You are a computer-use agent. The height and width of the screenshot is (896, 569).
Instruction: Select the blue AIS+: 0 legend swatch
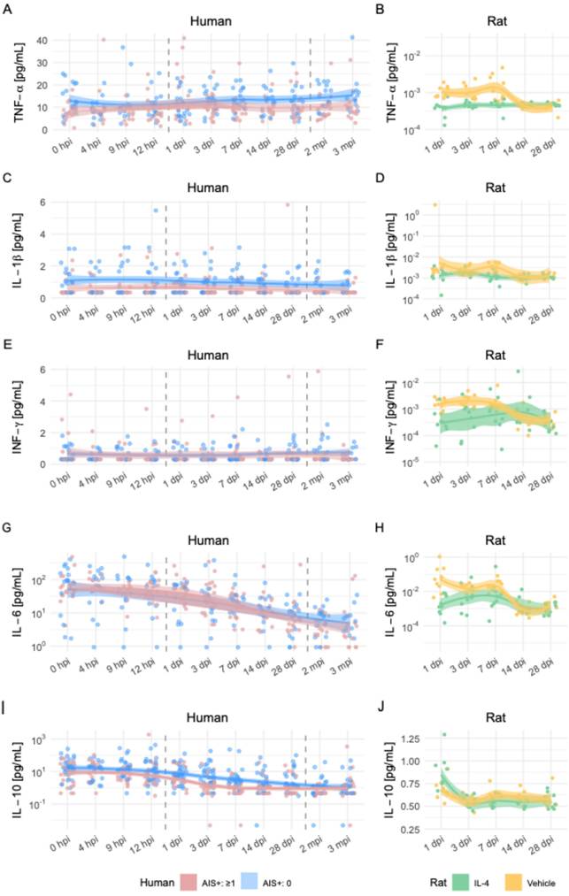pos(252,881)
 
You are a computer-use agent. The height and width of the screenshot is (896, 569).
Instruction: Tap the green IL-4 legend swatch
pos(460,881)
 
